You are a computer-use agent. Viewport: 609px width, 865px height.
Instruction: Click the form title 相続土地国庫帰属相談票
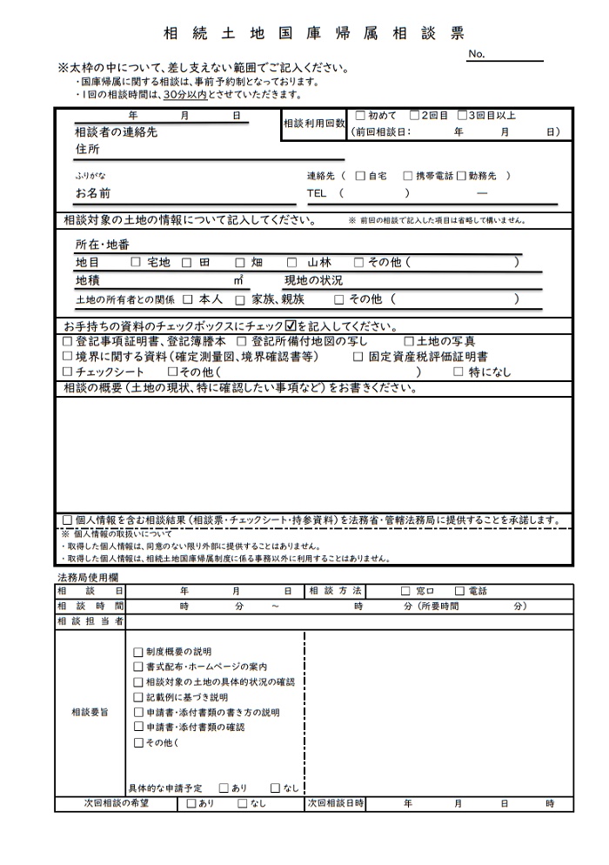pos(314,33)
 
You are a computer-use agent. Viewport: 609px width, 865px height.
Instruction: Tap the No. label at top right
pos(476,54)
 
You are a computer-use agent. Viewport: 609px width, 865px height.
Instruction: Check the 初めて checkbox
pos(360,115)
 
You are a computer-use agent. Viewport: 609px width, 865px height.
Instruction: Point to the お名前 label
pos(93,193)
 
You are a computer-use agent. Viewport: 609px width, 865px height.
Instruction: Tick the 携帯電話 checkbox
pos(407,176)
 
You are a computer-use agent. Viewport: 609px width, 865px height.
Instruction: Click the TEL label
pos(316,193)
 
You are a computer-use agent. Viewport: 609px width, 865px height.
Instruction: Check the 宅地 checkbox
pos(135,261)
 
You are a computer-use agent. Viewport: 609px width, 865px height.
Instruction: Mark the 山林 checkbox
pos(291,261)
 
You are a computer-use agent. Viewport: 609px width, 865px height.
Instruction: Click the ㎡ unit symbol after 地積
pos(238,280)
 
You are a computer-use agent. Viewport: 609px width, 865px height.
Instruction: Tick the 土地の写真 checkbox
pos(410,341)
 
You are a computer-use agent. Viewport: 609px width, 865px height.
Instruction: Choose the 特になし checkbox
pos(459,372)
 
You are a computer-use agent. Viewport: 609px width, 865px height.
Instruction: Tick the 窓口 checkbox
pos(405,591)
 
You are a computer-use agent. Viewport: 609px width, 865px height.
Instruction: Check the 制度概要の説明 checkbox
pos(137,651)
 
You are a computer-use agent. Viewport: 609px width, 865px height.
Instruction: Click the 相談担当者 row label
pos(90,621)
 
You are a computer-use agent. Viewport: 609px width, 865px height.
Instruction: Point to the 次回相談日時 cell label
pos(335,804)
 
